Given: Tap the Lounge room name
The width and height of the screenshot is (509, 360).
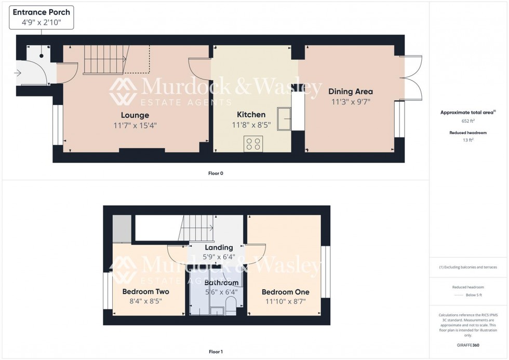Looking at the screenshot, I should point(135,115).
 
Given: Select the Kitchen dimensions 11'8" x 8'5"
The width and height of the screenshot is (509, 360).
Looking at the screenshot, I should point(251,125).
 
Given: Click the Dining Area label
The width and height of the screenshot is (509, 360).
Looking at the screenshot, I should point(351,91).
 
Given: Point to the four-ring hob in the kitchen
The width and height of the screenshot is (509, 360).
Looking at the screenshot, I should point(253,144).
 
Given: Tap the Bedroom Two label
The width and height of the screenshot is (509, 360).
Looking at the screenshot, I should point(145,291).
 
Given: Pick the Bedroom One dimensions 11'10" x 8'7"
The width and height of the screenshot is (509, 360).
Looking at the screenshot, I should point(285,301).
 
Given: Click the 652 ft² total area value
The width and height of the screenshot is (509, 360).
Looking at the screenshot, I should point(468,121).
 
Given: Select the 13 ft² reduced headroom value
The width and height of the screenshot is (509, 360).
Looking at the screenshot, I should point(468,140).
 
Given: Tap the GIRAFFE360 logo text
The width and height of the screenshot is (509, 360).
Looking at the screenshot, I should point(468,344).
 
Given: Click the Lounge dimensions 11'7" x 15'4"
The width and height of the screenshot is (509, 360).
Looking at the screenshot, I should point(135,125).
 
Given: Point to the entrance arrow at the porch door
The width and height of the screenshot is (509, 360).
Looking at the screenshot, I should point(19,73).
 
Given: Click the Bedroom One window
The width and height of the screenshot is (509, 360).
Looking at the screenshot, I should point(325,272).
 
